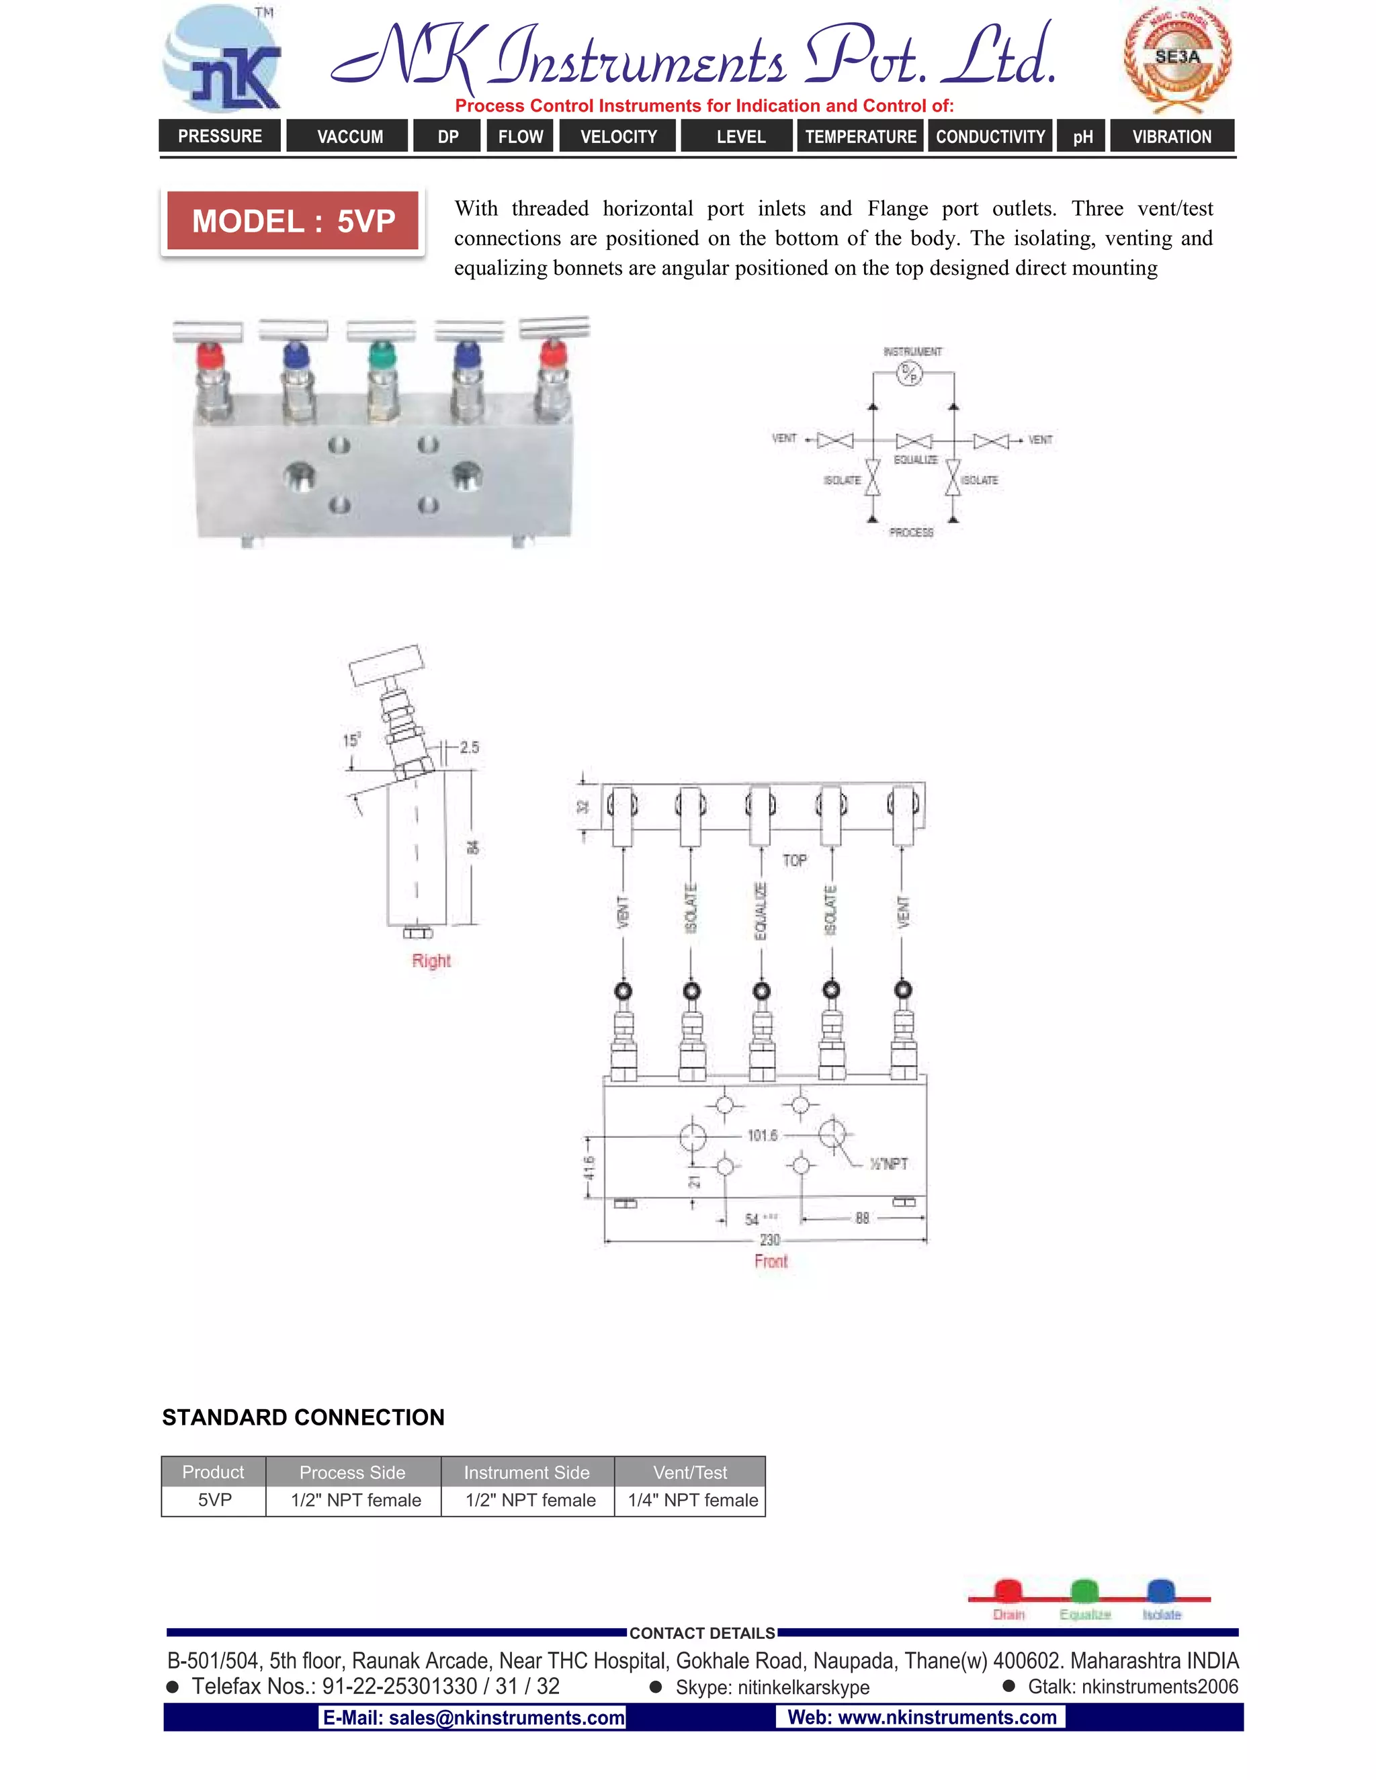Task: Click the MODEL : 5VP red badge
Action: point(293,221)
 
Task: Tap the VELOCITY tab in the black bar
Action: point(618,136)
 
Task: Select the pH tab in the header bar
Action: point(1082,136)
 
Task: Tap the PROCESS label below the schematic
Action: point(910,532)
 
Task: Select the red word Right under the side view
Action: point(431,961)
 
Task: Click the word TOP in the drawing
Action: point(794,860)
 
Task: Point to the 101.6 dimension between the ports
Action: point(762,1135)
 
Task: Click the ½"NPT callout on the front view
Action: point(888,1164)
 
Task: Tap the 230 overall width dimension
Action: point(769,1240)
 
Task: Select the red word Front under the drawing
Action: point(771,1261)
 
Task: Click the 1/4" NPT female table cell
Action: point(692,1501)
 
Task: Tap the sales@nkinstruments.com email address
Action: point(474,1718)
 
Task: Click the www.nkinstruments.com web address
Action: point(921,1718)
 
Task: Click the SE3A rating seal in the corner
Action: point(1177,57)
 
